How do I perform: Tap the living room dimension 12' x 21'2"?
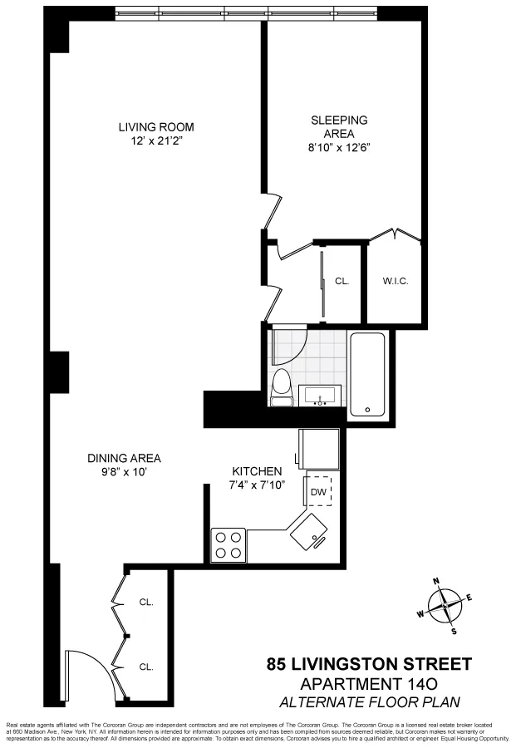pos(155,141)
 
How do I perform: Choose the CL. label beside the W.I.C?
pos(342,281)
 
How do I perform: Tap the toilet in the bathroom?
pos(282,387)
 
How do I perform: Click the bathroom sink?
pos(320,396)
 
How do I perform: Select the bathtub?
pos(367,375)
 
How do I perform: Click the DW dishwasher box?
pos(317,491)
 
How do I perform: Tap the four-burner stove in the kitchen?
pos(229,545)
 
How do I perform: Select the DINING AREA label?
pos(124,458)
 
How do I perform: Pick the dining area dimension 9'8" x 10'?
pos(124,472)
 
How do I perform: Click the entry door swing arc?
pos(87,669)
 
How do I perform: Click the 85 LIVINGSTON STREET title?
pos(369,665)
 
